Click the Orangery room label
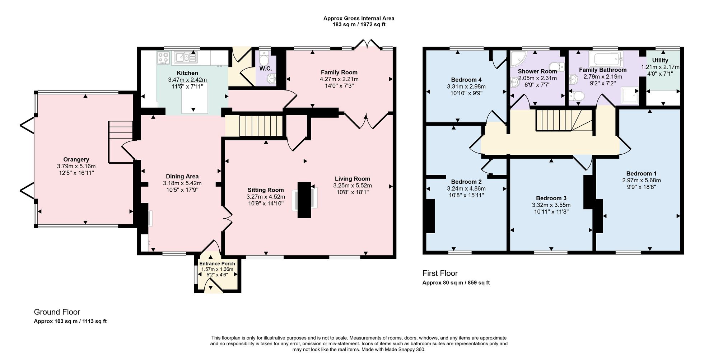coord(76,159)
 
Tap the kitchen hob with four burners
coord(164,58)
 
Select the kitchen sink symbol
coord(186,57)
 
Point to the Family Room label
coord(339,72)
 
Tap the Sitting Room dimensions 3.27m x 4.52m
coord(266,197)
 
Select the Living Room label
coord(353,179)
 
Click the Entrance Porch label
coord(217,264)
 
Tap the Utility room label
coord(660,60)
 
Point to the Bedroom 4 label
coord(466,80)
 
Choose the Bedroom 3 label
coord(551,198)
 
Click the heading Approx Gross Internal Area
coord(359,18)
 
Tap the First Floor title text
coord(440,273)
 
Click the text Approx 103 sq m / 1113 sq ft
coord(70,321)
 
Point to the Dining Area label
coord(182,176)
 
